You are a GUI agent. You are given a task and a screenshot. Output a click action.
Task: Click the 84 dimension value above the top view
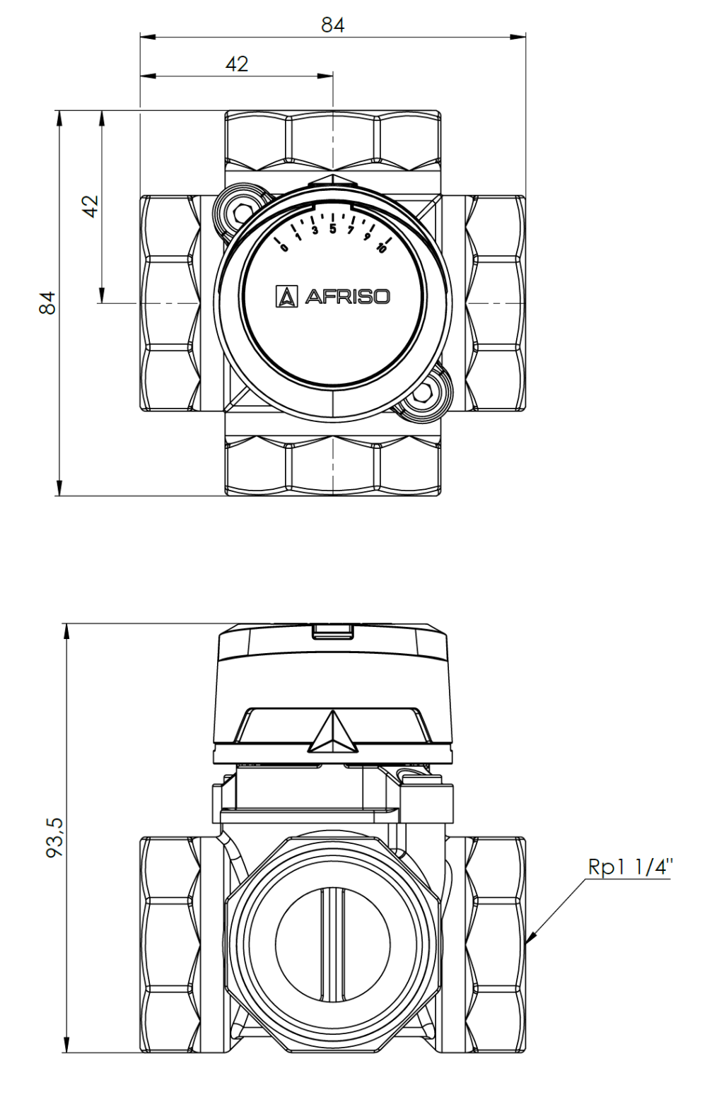332,25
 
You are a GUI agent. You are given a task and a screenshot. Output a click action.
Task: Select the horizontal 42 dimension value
237,64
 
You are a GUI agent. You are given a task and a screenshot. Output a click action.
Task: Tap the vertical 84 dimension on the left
47,303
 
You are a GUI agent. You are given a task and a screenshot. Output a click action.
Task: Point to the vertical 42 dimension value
91,206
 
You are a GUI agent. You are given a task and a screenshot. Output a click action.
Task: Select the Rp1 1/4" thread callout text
630,867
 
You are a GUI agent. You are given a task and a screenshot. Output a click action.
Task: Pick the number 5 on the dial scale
332,229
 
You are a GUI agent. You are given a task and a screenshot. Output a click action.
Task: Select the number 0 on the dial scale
284,247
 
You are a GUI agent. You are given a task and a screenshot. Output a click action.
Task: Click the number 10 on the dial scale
381,247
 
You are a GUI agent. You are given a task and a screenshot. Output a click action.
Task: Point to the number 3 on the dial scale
315,231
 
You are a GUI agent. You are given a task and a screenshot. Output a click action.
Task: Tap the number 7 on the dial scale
350,231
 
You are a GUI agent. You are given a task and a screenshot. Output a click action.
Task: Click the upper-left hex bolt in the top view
242,211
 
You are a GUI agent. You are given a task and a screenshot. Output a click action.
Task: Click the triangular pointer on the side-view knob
333,734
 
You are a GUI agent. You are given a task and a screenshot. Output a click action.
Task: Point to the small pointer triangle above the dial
333,180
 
